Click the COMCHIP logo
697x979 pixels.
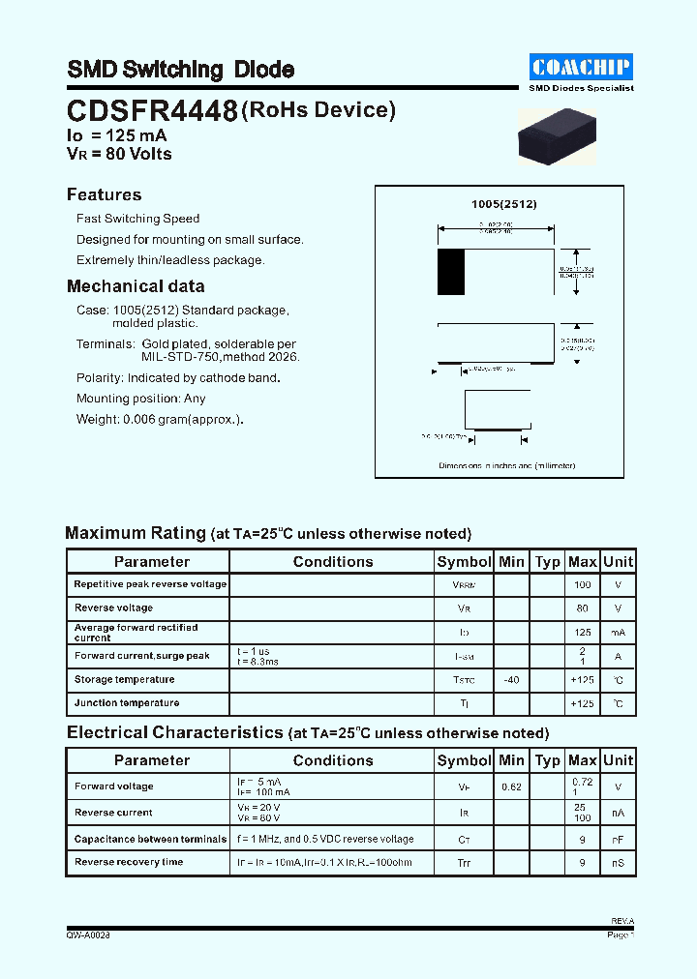(x=581, y=67)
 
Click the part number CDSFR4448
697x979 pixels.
(x=152, y=112)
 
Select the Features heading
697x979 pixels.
(x=104, y=194)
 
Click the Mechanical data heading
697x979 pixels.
(x=136, y=286)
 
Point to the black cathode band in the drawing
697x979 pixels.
(x=450, y=272)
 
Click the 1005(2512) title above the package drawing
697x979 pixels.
(x=503, y=204)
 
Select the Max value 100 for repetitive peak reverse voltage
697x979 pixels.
(x=582, y=585)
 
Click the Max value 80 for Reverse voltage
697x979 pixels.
(x=582, y=608)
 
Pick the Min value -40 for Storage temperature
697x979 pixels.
(x=511, y=680)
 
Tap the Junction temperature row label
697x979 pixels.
(x=127, y=703)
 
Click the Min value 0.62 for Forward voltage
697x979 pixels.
(x=511, y=787)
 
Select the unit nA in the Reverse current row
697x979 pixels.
(x=618, y=814)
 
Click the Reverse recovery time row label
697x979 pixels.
(x=129, y=862)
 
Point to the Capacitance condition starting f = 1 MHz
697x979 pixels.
(x=324, y=839)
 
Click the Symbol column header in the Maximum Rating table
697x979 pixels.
(x=464, y=562)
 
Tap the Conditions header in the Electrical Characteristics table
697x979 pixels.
(x=332, y=760)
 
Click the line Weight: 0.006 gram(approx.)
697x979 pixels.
(x=160, y=419)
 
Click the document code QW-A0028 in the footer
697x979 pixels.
(x=88, y=935)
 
